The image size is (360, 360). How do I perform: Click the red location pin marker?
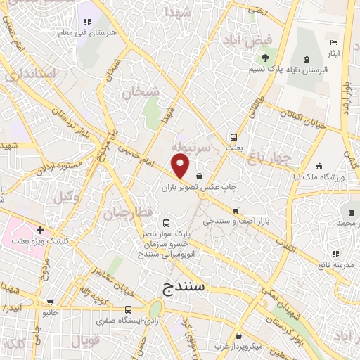coord(181,167)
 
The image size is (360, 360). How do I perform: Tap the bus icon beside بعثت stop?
coord(233,138)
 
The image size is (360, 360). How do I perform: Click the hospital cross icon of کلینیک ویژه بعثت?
coord(41,230)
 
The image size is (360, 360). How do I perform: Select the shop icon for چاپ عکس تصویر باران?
coord(200,176)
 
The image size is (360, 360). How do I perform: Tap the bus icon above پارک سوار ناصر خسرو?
coord(165,221)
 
